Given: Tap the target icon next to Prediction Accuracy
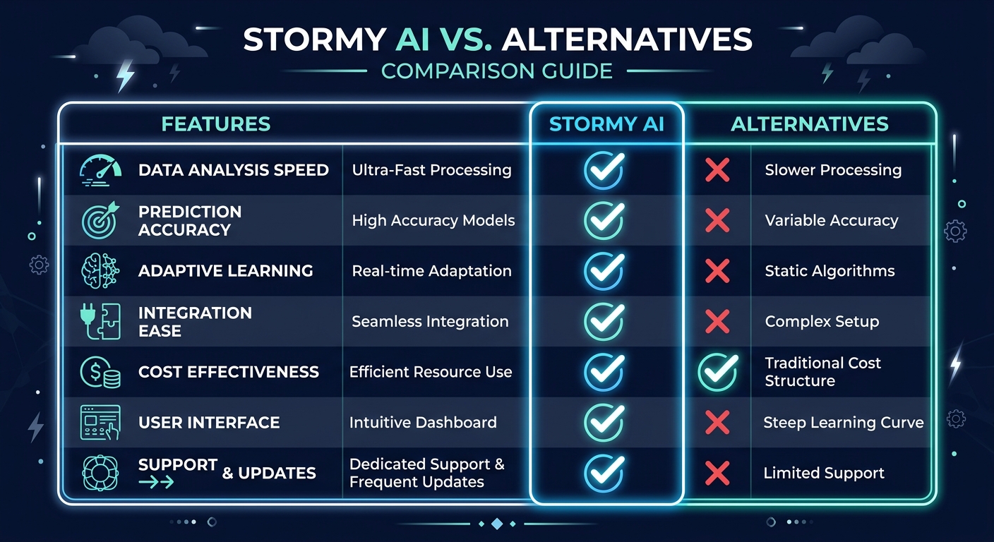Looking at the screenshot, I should [98, 221].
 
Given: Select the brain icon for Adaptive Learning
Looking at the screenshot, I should [98, 271].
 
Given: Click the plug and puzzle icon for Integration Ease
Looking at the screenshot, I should [98, 322].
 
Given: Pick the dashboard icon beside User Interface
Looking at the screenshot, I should [100, 423].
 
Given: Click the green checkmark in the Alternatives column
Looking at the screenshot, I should [717, 372].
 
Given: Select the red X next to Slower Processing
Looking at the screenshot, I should [717, 170].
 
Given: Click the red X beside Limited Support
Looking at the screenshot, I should [717, 473].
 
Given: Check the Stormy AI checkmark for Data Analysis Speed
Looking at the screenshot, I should [604, 170].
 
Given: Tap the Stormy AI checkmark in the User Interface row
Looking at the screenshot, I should [604, 421].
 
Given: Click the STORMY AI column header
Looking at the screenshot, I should [606, 124].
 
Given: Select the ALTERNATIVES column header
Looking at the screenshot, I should [810, 124].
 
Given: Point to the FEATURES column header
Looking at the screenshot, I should [216, 124].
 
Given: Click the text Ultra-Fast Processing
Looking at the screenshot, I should [431, 170].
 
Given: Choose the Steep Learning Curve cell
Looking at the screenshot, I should [844, 423].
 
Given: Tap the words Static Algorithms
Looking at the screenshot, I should [830, 271].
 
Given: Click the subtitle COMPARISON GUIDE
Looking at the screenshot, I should [497, 71].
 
